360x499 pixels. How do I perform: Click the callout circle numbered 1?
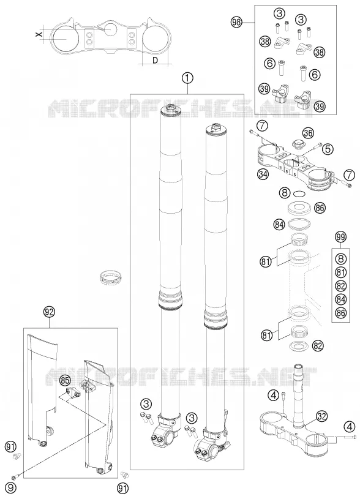tap(187, 78)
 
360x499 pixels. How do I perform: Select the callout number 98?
tap(236, 22)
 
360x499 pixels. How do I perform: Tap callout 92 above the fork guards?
tap(50, 312)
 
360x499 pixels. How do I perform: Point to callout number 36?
tap(308, 133)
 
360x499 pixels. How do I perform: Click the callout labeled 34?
tap(263, 174)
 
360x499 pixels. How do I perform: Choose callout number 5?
tap(328, 148)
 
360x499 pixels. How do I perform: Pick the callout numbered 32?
tap(322, 416)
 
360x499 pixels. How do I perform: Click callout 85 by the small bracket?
tap(66, 380)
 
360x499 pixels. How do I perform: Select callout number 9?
tap(11, 487)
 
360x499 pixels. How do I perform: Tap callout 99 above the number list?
tap(340, 237)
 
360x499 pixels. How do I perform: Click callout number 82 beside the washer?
tap(318, 345)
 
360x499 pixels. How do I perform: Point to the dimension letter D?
tap(155, 60)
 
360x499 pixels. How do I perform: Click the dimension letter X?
tap(39, 34)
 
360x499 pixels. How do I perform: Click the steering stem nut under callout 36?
tap(299, 144)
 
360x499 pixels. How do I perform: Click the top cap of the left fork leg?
tap(172, 110)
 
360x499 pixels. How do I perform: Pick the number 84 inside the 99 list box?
tap(340, 299)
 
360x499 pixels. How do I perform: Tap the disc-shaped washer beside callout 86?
tap(299, 208)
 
